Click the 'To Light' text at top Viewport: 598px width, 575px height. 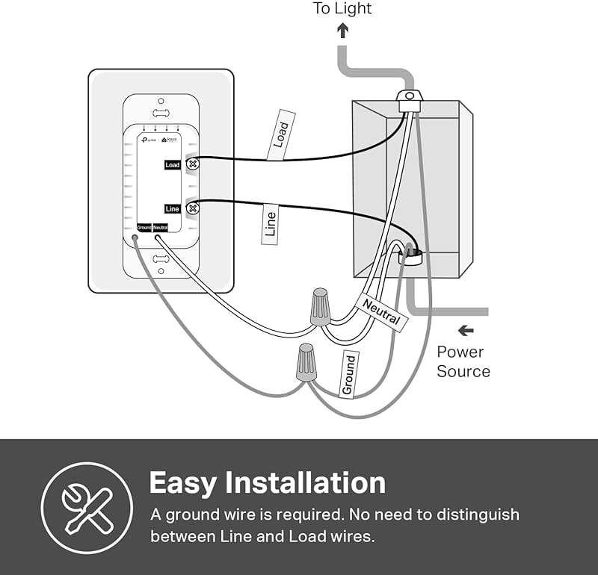coord(342,9)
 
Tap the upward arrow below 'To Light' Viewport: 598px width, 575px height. coord(343,31)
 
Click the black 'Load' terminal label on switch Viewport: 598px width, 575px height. coord(173,164)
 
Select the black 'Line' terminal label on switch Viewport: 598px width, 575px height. coord(173,209)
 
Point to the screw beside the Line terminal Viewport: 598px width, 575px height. coord(191,208)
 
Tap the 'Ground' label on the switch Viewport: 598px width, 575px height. coord(144,227)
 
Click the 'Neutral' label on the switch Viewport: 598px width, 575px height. coord(161,227)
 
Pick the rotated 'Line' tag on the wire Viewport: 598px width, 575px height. coord(271,225)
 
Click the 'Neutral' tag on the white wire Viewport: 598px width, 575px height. coord(382,313)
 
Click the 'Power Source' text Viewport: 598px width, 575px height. coord(463,361)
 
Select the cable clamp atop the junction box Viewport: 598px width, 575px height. coord(407,100)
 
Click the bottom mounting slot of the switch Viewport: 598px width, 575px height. coord(160,258)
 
